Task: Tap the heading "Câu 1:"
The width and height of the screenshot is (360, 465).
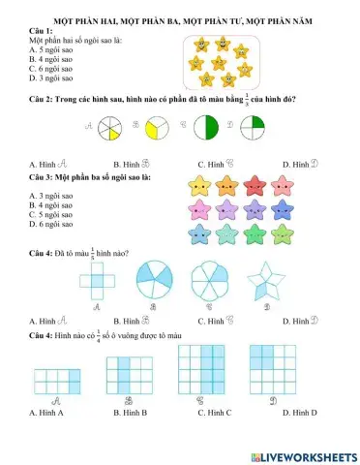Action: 43,31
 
